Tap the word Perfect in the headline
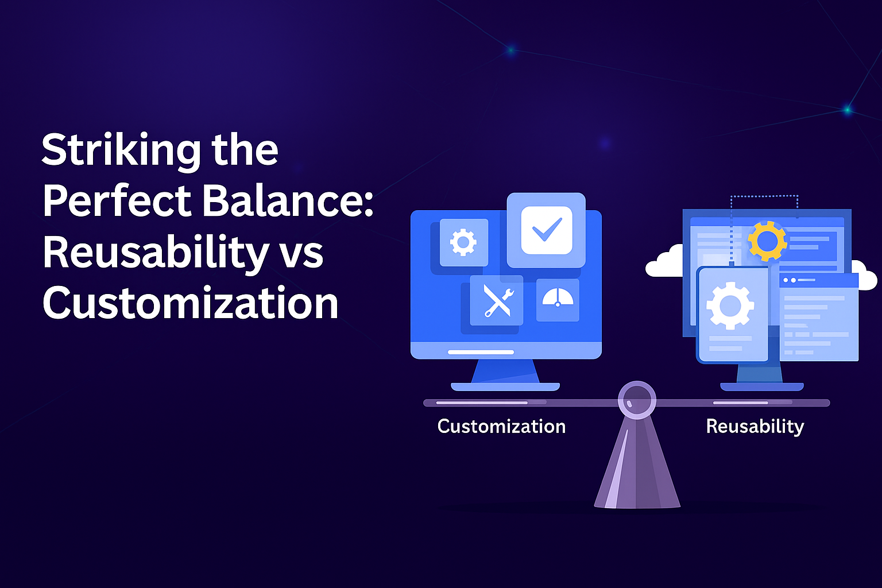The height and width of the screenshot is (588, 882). coord(117,201)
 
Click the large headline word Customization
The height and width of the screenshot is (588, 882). coord(191,303)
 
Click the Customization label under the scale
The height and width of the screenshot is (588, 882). coord(501,426)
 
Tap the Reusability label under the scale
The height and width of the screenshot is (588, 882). coord(755,427)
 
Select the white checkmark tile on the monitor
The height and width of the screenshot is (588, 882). coord(547,230)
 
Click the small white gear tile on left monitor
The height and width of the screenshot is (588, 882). coord(463,242)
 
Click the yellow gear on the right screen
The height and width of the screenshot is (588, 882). coord(767,241)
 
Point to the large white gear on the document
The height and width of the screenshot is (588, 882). coord(730,305)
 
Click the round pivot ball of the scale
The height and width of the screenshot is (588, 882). coord(637,400)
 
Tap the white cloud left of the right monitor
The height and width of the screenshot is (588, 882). coord(666,262)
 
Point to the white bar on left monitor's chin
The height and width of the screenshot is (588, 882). coord(481,352)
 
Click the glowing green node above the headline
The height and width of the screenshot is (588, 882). coord(510,50)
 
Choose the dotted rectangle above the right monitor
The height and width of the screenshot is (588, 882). coord(764,196)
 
